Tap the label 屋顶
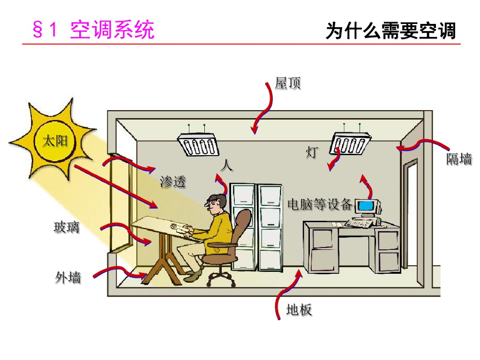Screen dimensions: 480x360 coord(288,83)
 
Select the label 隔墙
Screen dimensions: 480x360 coord(459,159)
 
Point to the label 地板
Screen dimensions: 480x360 coord(299,310)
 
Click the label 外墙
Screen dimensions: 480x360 coord(68,277)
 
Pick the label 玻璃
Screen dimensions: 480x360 coord(67,227)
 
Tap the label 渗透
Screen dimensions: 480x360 coord(173,181)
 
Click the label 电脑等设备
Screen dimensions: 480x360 coord(320,204)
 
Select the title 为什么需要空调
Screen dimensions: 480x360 coord(390,31)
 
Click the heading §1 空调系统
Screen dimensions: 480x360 coord(93,30)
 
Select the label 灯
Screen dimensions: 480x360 coord(312,152)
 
